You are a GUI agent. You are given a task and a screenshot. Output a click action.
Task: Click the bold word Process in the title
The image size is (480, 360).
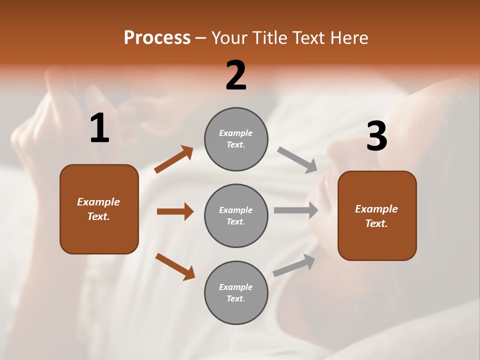pyautogui.click(x=157, y=38)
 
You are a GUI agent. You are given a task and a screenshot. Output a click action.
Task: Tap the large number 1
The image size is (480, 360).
pyautogui.click(x=99, y=128)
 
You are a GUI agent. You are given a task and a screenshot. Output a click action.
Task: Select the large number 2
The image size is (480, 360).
pyautogui.click(x=236, y=75)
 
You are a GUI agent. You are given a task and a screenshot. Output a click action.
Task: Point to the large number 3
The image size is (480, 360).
pyautogui.click(x=376, y=136)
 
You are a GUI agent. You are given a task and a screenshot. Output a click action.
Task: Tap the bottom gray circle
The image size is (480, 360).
pyautogui.click(x=236, y=310)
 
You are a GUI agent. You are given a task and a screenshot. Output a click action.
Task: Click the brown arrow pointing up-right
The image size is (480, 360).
pyautogui.click(x=173, y=159)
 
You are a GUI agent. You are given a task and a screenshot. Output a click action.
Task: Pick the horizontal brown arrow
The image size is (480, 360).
pyautogui.click(x=175, y=211)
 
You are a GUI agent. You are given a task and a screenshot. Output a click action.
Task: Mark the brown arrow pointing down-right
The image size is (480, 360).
pyautogui.click(x=175, y=266)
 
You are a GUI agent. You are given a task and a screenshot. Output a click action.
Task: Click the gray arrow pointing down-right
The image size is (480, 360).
pyautogui.click(x=297, y=159)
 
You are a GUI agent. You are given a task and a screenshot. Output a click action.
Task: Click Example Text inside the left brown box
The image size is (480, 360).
pyautogui.click(x=98, y=209)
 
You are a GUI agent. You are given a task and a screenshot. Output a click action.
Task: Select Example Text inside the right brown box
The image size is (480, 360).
pyautogui.click(x=376, y=216)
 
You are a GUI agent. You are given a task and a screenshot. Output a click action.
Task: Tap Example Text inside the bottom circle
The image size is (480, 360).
pyautogui.click(x=236, y=292)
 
